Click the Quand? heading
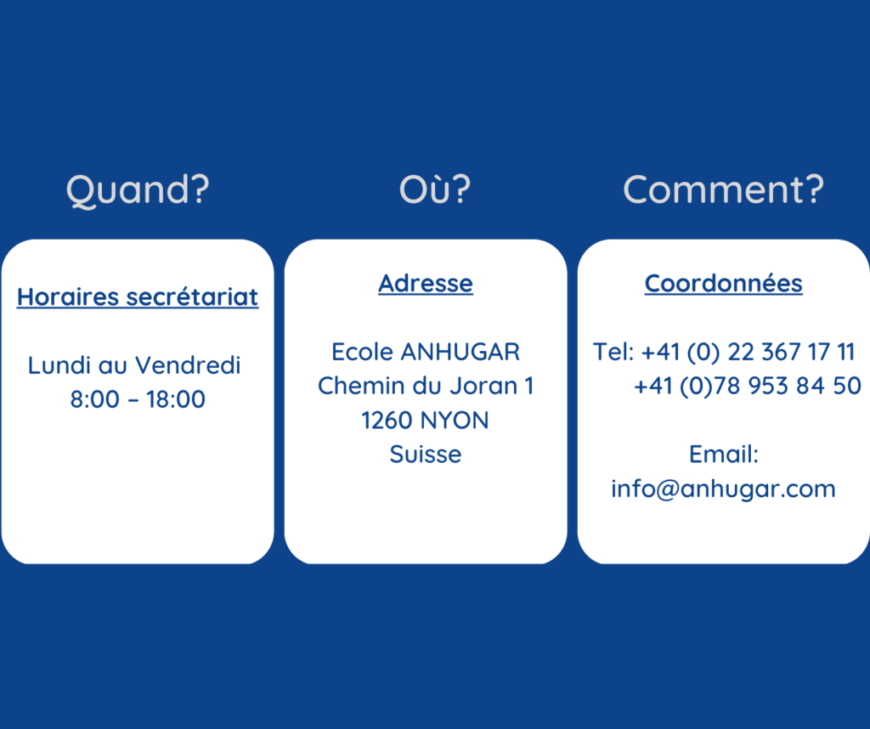tap(138, 190)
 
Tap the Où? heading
tap(435, 189)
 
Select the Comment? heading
tap(724, 189)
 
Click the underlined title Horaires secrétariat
tap(138, 297)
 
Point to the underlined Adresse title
tap(426, 284)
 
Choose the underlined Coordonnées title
tap(724, 284)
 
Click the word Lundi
tap(59, 365)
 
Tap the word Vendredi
tap(188, 365)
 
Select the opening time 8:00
tap(95, 399)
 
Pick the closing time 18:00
tap(176, 399)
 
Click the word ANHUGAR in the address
tap(460, 353)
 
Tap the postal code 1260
tap(387, 421)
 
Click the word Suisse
tap(426, 455)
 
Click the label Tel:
tap(613, 352)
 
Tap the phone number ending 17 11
tap(748, 353)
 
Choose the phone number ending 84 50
tap(748, 386)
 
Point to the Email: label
tap(724, 455)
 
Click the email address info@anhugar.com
tap(724, 489)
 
